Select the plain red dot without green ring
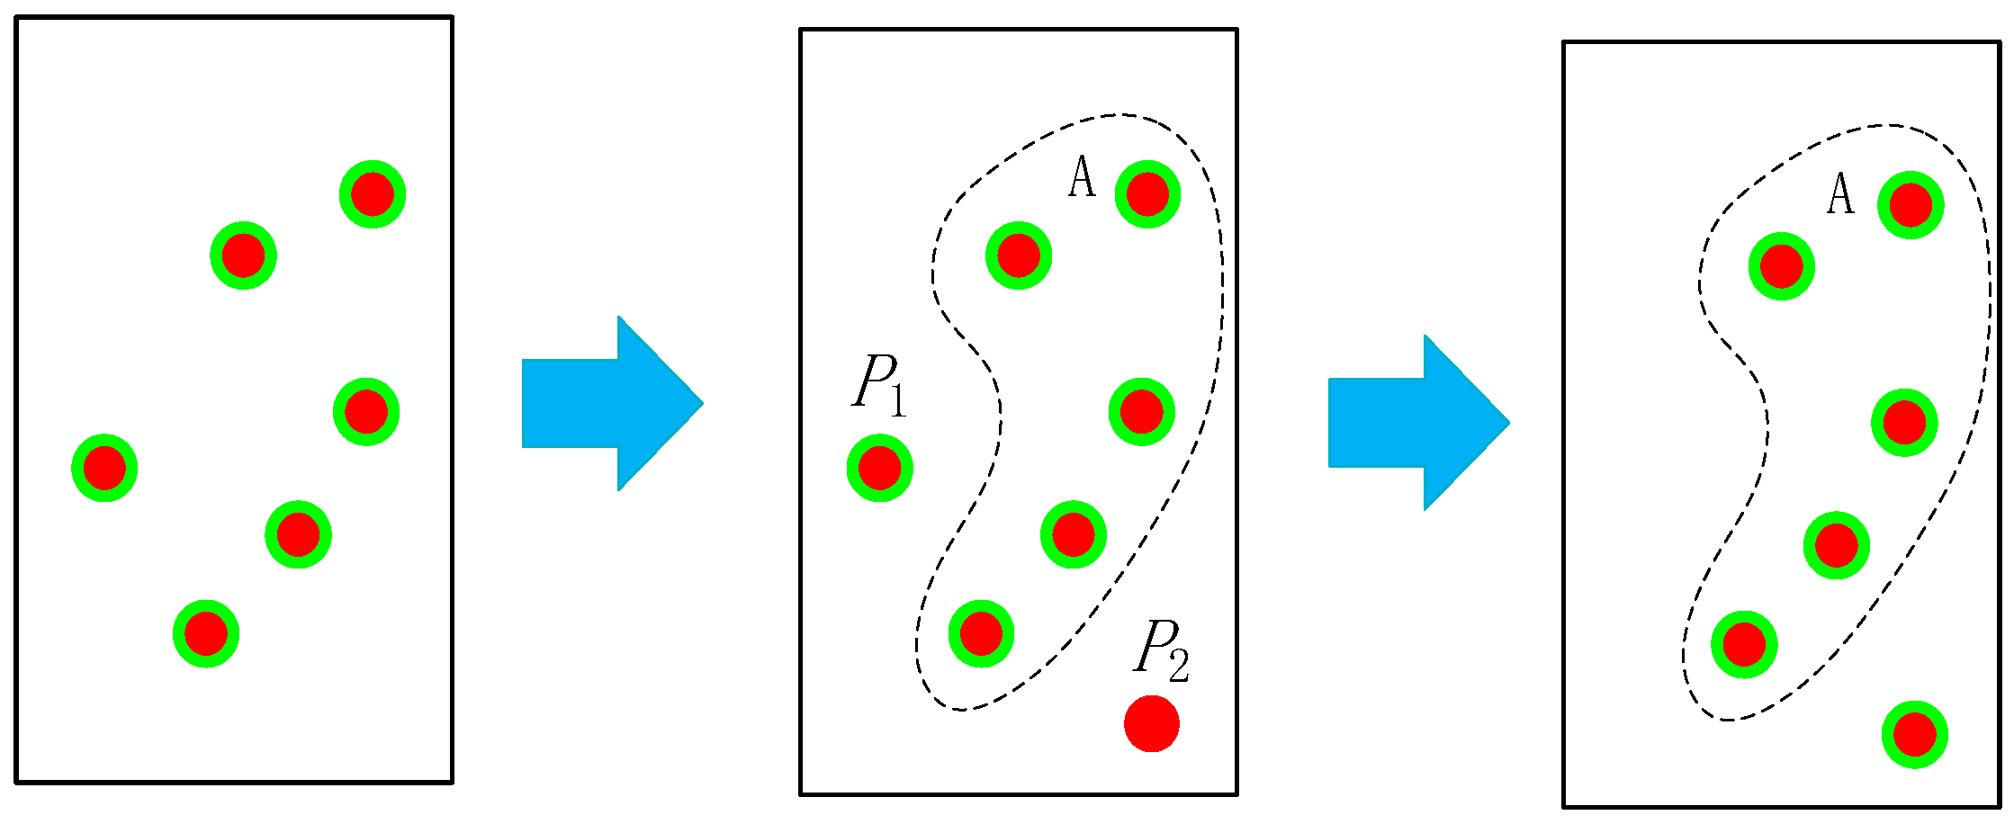[1151, 723]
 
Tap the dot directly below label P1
[879, 468]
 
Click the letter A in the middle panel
[1082, 177]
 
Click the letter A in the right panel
[1840, 193]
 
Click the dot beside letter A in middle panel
[1147, 194]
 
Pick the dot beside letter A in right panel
[1911, 205]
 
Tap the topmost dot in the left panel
[373, 194]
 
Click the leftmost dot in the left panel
[104, 468]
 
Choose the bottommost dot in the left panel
[206, 634]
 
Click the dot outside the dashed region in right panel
[1914, 735]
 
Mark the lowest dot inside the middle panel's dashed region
[981, 634]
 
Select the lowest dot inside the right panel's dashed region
[1744, 645]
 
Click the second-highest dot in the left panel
[243, 256]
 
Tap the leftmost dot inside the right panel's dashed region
[1744, 645]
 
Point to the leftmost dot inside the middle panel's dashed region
[981, 634]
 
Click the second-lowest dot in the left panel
[298, 535]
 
